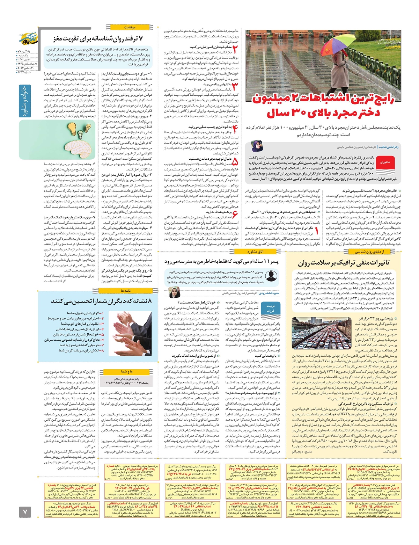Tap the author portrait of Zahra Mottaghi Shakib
[x=257, y=146]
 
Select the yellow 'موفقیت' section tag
[x=130, y=27]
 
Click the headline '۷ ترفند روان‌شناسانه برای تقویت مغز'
[x=98, y=38]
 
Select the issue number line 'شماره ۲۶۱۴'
[x=24, y=72]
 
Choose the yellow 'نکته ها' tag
[x=125, y=291]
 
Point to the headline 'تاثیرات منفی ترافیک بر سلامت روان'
[x=344, y=262]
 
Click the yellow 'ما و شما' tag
[x=126, y=371]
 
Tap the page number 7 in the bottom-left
[x=25, y=512]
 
